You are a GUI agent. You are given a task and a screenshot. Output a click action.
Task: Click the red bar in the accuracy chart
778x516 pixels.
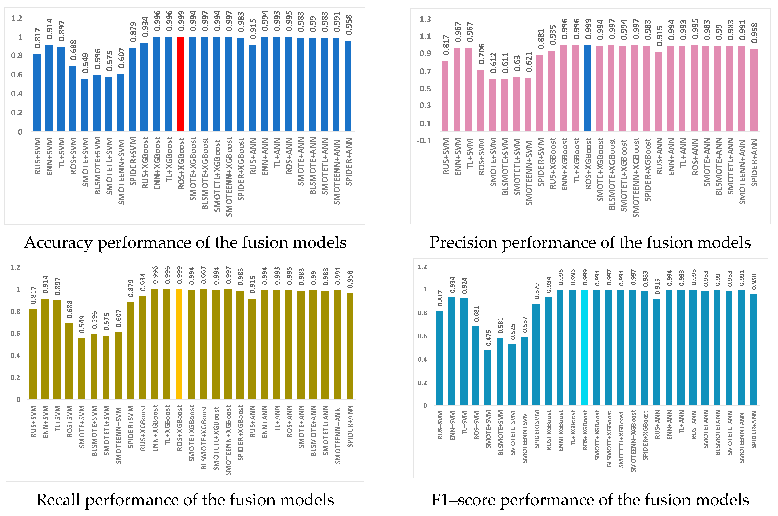[180, 84]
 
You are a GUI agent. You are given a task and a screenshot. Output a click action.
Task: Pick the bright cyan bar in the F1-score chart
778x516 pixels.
[584, 347]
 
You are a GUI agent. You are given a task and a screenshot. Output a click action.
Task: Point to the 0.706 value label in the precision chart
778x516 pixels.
[482, 54]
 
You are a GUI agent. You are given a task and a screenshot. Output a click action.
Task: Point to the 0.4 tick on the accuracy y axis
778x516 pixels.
[17, 94]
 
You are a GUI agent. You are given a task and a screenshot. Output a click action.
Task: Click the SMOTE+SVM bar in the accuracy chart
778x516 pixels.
[85, 105]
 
